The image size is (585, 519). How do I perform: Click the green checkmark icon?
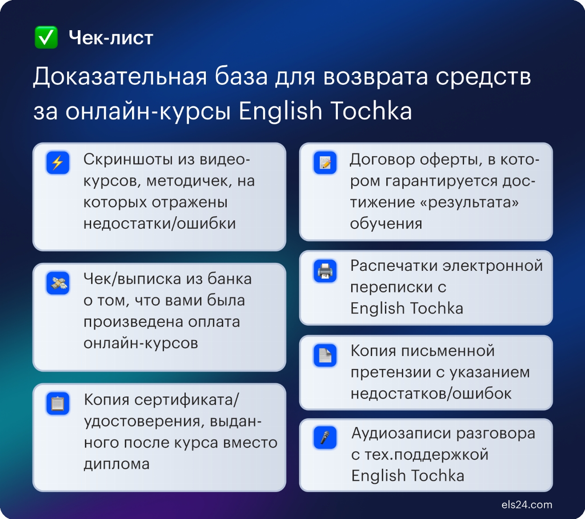point(46,37)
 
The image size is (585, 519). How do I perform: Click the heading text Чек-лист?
point(111,38)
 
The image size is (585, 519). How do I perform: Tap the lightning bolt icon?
point(58,162)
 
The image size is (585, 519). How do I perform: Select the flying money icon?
point(58,283)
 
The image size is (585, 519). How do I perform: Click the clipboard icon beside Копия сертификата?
point(58,404)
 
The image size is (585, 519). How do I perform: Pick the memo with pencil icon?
point(325,162)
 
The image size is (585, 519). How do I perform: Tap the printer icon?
point(325,271)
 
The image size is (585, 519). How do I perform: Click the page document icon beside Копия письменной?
point(325,355)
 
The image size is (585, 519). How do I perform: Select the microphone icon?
point(325,437)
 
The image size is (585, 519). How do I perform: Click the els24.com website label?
point(527,505)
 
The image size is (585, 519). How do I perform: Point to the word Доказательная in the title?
point(120,77)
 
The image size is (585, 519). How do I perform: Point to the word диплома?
point(116,464)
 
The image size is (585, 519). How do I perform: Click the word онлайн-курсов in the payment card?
point(140,343)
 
